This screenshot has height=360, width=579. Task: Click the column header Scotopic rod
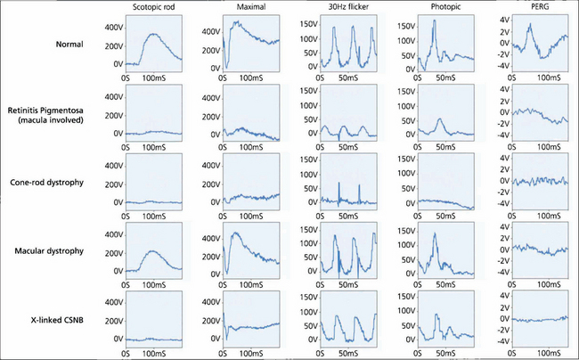pyautogui.click(x=153, y=8)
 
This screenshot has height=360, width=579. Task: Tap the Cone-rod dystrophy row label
pyautogui.click(x=61, y=183)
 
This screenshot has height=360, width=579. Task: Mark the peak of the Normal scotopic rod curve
pyautogui.click(x=153, y=34)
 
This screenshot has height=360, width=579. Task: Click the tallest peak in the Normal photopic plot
pyautogui.click(x=434, y=20)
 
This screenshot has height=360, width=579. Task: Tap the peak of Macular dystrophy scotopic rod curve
pyautogui.click(x=154, y=252)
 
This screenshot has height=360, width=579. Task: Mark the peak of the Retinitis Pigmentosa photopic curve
pyautogui.click(x=440, y=119)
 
